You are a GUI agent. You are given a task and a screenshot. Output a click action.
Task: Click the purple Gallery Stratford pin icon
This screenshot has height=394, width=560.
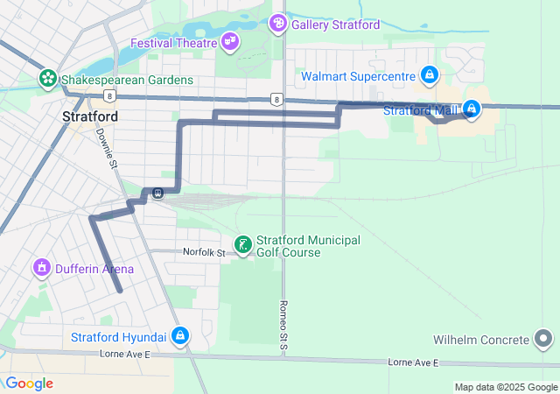278,23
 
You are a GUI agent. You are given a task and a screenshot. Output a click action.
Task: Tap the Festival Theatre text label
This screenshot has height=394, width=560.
173,43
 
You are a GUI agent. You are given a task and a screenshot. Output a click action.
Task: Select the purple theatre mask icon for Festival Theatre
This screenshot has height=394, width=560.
230,40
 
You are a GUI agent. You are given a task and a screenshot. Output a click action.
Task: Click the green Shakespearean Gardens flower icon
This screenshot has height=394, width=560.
47,80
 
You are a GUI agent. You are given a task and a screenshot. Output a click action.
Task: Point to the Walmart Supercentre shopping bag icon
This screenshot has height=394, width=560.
429,76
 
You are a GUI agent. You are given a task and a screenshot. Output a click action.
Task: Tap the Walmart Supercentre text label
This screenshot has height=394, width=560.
358,77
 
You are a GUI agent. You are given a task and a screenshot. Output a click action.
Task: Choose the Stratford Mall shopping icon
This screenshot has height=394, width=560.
472,109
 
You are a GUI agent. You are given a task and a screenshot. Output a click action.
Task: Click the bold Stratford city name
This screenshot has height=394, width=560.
91,116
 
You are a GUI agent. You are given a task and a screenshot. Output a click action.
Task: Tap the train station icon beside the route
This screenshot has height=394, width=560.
157,193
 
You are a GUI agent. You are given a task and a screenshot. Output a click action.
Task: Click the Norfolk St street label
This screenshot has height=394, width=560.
204,252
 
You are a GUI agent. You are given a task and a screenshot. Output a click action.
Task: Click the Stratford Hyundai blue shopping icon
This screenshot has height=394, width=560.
179,335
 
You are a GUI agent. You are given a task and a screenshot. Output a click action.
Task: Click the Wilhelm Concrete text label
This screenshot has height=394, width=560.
481,340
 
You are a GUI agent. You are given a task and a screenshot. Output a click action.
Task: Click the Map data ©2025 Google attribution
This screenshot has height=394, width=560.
505,387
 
